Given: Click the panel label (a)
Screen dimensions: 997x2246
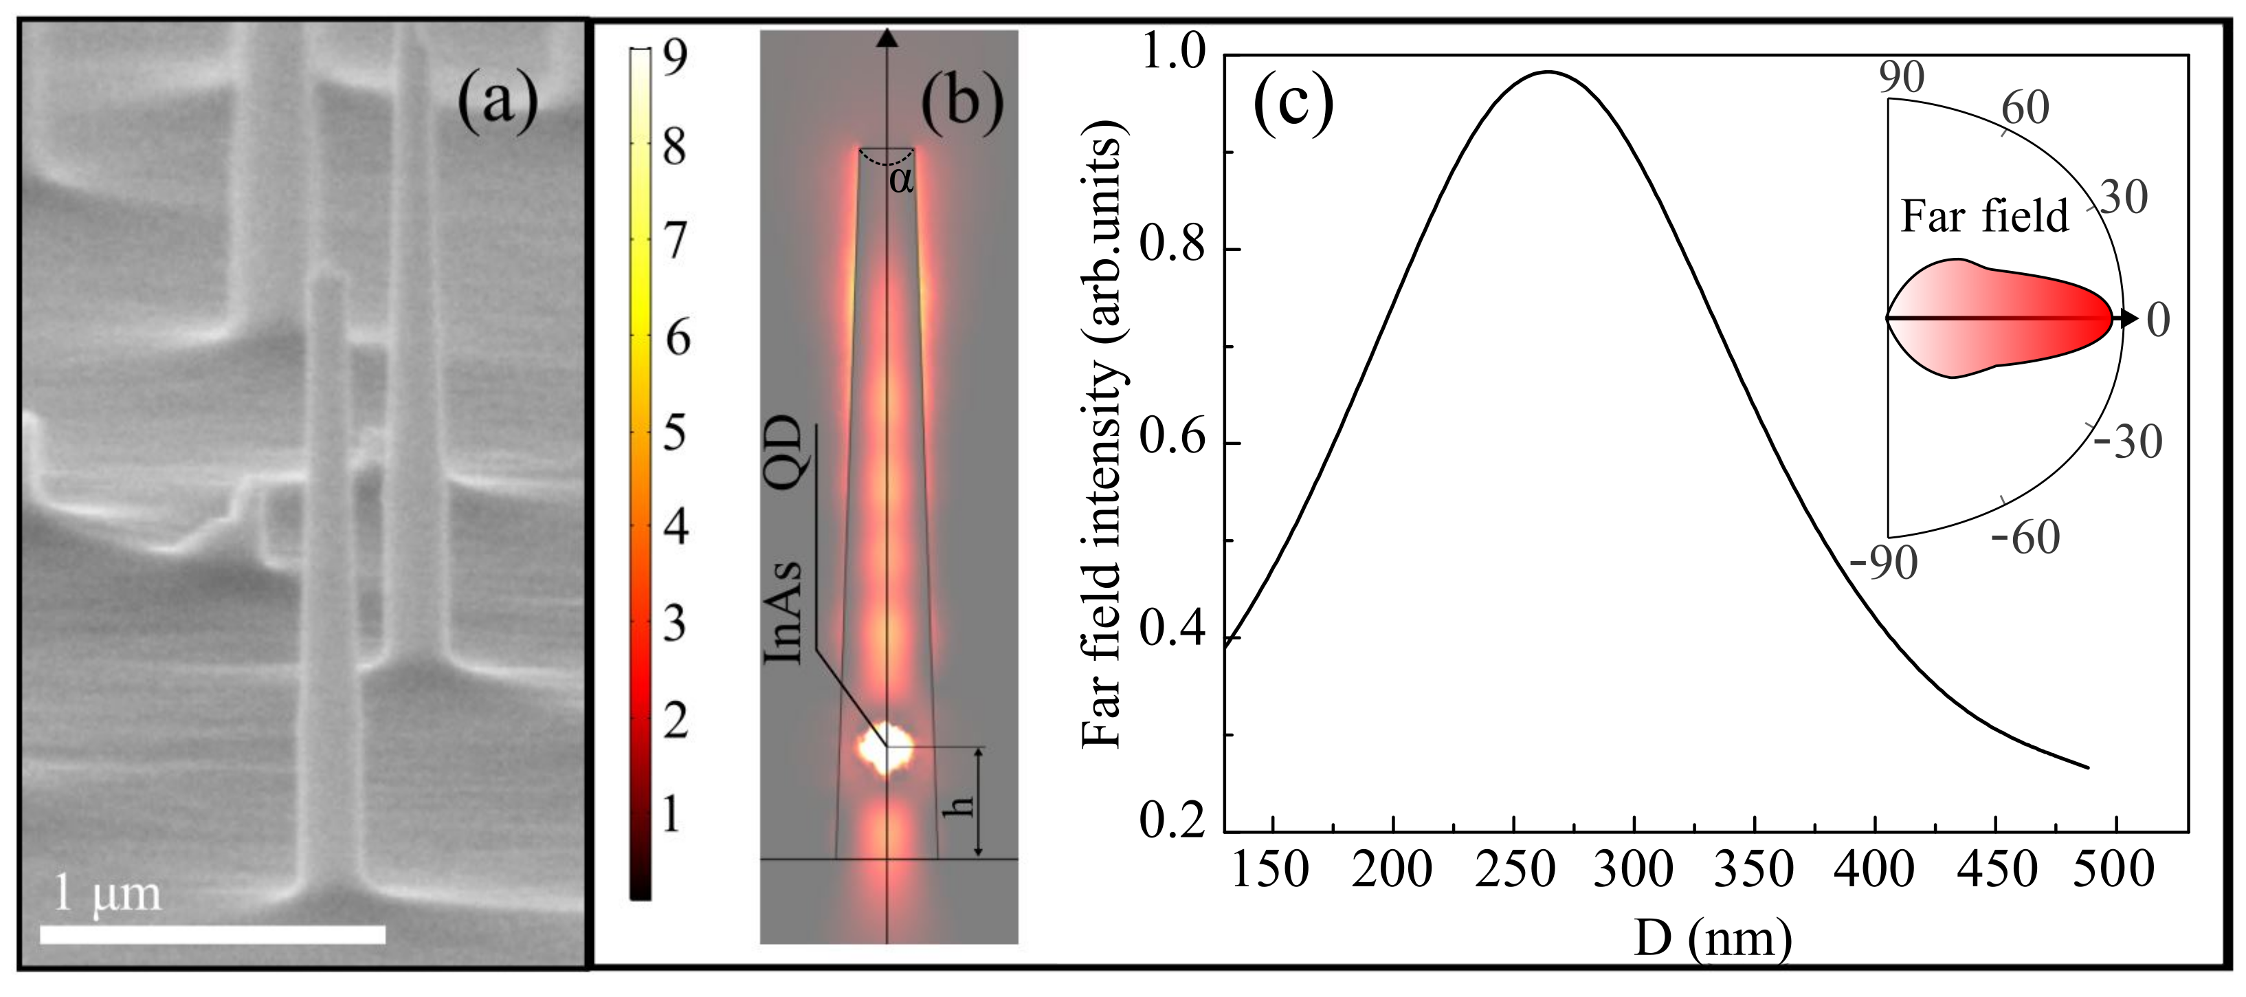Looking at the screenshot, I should pos(498,103).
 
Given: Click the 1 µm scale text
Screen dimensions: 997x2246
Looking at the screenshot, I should pos(107,892).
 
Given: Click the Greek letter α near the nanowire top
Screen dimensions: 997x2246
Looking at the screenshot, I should pos(900,181).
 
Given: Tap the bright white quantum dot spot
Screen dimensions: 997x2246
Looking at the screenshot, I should pos(885,747).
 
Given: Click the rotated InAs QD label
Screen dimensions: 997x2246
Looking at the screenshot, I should pos(782,539).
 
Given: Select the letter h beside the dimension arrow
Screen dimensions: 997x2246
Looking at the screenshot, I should pos(958,804).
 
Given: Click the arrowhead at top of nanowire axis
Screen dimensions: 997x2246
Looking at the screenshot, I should pos(887,38).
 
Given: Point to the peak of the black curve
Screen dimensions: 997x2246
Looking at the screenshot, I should pos(1548,72).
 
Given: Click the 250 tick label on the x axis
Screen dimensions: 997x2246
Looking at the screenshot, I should pos(1515,870).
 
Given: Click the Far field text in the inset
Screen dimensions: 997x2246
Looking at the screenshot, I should pos(1984,217).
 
